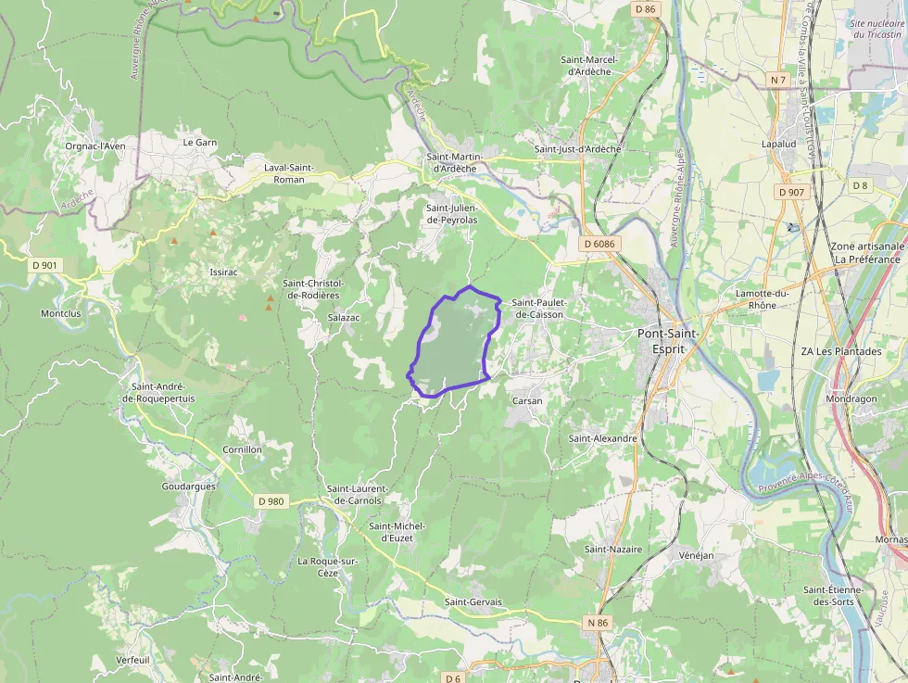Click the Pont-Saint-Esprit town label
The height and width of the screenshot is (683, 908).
tap(669, 339)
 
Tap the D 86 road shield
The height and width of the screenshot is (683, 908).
tap(646, 8)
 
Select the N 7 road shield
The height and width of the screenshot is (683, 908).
tap(778, 81)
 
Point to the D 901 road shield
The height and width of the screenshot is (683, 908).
tap(44, 265)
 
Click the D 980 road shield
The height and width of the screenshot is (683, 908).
tap(271, 501)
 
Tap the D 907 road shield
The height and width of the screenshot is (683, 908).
tap(791, 192)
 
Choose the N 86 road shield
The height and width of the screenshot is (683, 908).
tap(598, 623)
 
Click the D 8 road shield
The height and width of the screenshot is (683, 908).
tap(861, 185)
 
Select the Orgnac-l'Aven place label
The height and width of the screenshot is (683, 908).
tap(95, 145)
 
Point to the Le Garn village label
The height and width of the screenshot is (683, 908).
tap(200, 143)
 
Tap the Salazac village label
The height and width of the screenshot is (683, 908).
tap(344, 317)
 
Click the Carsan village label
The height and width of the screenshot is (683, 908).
tap(527, 400)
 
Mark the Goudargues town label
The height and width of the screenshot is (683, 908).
tap(189, 486)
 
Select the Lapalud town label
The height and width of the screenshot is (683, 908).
tap(779, 145)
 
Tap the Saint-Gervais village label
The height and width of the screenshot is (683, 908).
tap(473, 602)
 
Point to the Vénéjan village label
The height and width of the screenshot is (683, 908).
tap(696, 555)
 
